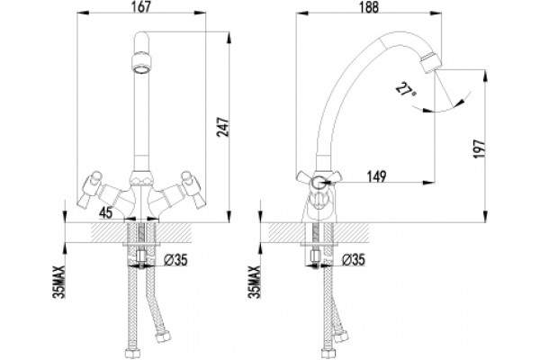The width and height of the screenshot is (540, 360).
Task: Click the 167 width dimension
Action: click(x=141, y=6)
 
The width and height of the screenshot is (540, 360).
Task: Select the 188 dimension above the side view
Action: click(x=369, y=7)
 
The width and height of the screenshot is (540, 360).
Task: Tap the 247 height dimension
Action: click(x=223, y=128)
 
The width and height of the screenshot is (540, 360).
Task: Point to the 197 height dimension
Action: click(x=479, y=148)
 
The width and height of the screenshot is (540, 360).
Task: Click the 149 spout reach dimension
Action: click(x=376, y=176)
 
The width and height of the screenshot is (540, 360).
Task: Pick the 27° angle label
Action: click(x=405, y=90)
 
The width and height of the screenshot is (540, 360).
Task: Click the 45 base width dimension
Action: click(x=105, y=213)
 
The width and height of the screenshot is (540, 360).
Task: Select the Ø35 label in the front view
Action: click(x=175, y=260)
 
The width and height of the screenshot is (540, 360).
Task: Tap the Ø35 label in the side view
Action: click(x=354, y=260)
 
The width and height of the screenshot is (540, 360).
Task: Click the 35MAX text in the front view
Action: click(x=58, y=282)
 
